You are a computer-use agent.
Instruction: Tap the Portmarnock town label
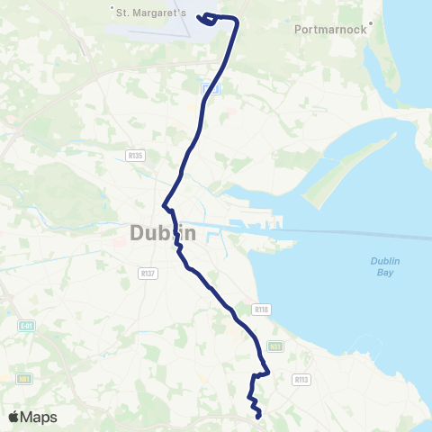coord(329,29)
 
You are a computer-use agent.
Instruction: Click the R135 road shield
coord(136,156)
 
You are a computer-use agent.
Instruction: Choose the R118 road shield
coord(261,309)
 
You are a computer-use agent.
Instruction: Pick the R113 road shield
coord(301,380)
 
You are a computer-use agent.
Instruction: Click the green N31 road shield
coord(274,345)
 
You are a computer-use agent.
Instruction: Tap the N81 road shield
coord(24,379)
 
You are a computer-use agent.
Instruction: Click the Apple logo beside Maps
coord(13,417)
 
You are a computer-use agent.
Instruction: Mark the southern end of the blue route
coord(259,417)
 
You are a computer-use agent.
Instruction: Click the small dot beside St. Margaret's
coord(112,10)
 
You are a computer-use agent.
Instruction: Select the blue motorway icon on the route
coord(209,87)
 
